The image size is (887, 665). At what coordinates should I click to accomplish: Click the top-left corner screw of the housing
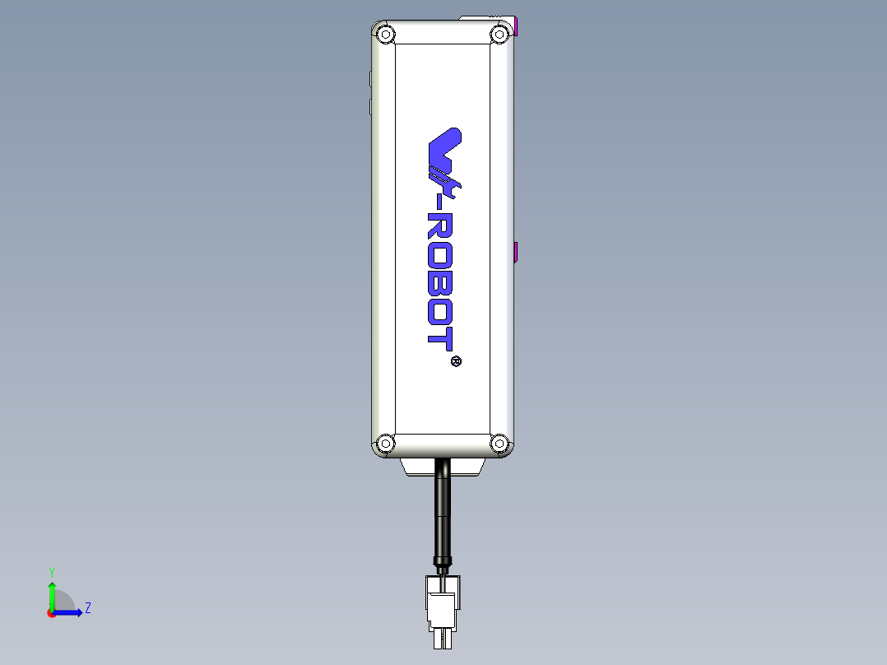pyautogui.click(x=384, y=35)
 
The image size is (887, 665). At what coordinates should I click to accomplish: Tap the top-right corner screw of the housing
pyautogui.click(x=499, y=35)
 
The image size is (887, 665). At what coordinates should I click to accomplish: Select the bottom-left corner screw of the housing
pyautogui.click(x=384, y=444)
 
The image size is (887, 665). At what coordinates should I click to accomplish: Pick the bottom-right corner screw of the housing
pyautogui.click(x=499, y=444)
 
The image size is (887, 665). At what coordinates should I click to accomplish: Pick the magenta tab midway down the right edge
pyautogui.click(x=516, y=252)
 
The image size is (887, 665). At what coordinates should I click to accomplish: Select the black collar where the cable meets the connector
pyautogui.click(x=443, y=563)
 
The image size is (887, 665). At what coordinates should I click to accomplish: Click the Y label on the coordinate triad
pyautogui.click(x=51, y=571)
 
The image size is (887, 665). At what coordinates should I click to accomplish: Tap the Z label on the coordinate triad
pyautogui.click(x=87, y=608)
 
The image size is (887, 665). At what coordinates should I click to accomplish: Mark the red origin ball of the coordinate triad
pyautogui.click(x=51, y=613)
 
